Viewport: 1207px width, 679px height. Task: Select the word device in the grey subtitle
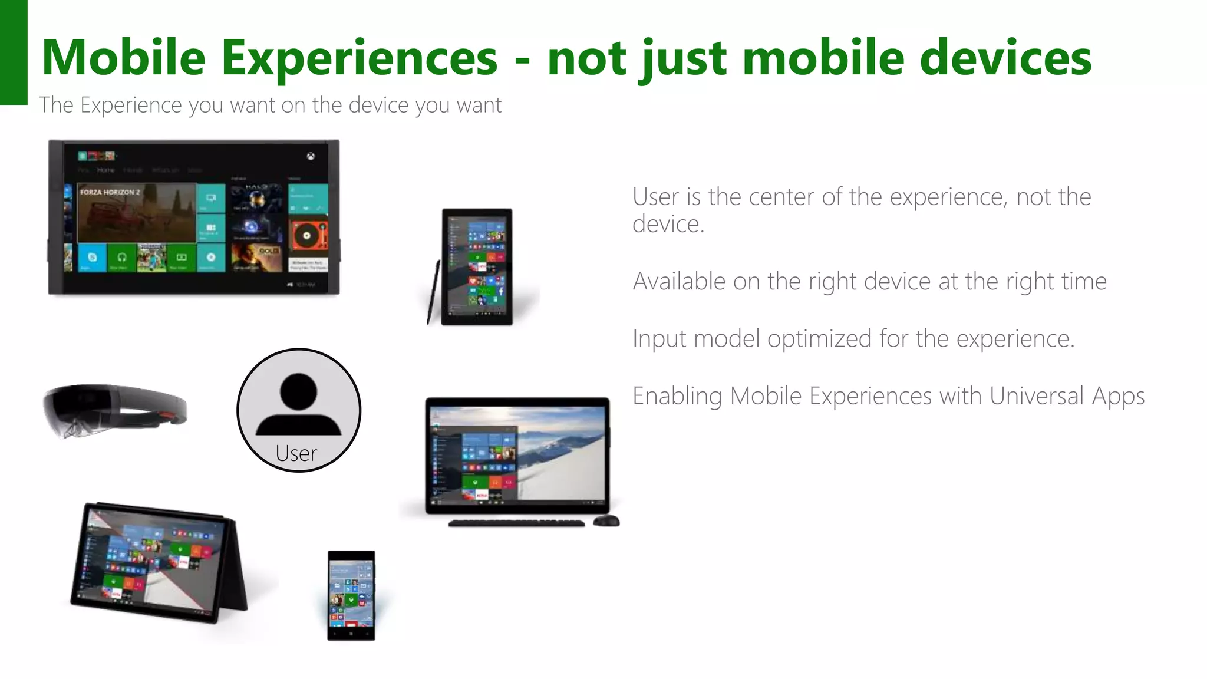[378, 105]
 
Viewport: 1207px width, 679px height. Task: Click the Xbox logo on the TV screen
[311, 156]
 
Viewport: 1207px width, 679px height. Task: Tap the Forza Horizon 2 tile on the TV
[136, 212]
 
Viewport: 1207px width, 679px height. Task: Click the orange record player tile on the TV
[308, 236]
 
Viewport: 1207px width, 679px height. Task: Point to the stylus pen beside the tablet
[434, 292]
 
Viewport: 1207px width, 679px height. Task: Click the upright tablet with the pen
[477, 266]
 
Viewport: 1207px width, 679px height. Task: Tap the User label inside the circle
[296, 453]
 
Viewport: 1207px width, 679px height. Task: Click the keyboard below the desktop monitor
[516, 523]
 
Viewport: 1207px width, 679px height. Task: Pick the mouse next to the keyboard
[606, 520]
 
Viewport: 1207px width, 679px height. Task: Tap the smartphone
[351, 595]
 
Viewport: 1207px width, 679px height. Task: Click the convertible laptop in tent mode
[156, 563]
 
